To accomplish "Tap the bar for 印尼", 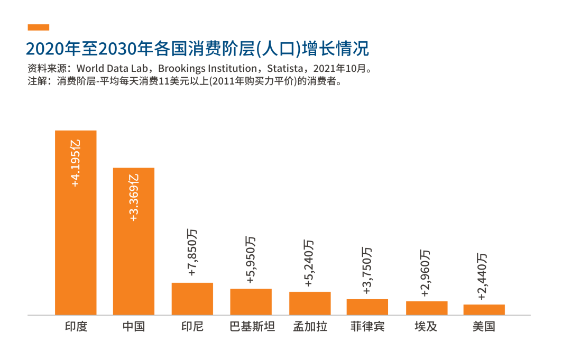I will pyautogui.click(x=192, y=299).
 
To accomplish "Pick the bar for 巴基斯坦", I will pyautogui.click(x=251, y=302).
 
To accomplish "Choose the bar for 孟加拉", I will pyautogui.click(x=310, y=303).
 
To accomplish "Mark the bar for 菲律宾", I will pyautogui.click(x=367, y=307).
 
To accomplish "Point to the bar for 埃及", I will pyautogui.click(x=427, y=308).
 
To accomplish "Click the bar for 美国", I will pyautogui.click(x=484, y=310).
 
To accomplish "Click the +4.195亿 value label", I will pyautogui.click(x=76, y=163).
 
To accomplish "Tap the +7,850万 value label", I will pyautogui.click(x=192, y=252).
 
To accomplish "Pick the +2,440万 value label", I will pyautogui.click(x=482, y=276).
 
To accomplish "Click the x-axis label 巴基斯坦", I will pyautogui.click(x=252, y=326).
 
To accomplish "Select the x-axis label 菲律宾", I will pyautogui.click(x=367, y=326).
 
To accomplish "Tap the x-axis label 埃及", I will pyautogui.click(x=426, y=326).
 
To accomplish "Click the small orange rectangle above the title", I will pyautogui.click(x=38, y=27).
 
